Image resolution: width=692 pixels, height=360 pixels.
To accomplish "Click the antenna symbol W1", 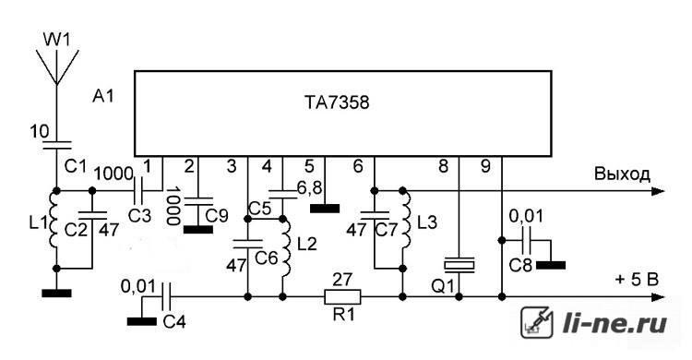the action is tap(57, 66).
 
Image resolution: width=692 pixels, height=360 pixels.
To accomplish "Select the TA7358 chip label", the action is tap(337, 102).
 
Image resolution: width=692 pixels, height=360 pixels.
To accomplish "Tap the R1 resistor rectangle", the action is tap(342, 297).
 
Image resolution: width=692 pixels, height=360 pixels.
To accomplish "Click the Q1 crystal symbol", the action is tap(459, 264).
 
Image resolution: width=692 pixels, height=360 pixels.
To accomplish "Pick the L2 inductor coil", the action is tap(287, 246).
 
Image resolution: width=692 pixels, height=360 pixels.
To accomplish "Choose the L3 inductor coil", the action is tap(406, 219).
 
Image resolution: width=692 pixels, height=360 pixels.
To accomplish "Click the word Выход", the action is tap(622, 174).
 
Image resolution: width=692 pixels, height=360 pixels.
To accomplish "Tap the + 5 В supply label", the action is tap(637, 279).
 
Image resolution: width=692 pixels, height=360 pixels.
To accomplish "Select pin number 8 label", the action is tap(443, 166).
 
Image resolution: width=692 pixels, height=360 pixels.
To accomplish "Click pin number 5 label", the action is tap(309, 166).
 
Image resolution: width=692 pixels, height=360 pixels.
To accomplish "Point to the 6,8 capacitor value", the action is tap(309, 187).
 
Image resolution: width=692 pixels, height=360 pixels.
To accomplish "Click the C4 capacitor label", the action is tap(174, 322).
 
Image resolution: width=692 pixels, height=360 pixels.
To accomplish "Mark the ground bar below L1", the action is tap(57, 293).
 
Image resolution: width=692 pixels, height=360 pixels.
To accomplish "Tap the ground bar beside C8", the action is tap(550, 265).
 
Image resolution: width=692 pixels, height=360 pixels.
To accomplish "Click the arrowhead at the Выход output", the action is tap(658, 191).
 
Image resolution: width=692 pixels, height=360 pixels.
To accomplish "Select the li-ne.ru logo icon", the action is tap(537, 322).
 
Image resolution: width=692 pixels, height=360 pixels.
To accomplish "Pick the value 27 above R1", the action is tap(342, 280).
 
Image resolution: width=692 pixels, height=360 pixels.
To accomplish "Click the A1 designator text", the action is tap(103, 96).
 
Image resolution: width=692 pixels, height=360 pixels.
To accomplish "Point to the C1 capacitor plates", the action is tap(57, 145).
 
